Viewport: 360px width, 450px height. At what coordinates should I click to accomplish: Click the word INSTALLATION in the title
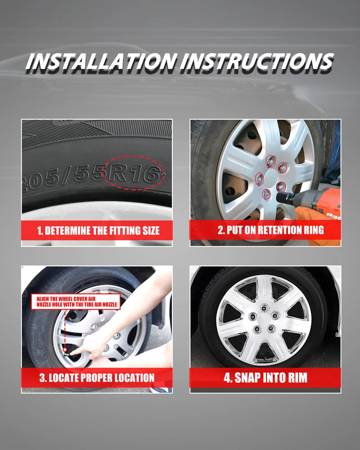101,62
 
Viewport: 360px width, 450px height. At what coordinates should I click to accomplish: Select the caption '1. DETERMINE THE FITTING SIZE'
98,231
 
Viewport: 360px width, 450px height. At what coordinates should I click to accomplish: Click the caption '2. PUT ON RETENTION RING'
271,230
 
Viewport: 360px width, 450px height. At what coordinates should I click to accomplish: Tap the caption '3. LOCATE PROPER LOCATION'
97,378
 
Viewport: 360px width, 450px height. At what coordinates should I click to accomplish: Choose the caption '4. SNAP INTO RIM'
265,378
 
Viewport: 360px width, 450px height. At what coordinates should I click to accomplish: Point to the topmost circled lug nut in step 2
270,162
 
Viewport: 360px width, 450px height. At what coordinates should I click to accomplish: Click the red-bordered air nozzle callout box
76,301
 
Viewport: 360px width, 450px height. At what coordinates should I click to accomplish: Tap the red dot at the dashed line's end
65,350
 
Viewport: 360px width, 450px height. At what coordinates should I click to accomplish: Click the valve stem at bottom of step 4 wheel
265,359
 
